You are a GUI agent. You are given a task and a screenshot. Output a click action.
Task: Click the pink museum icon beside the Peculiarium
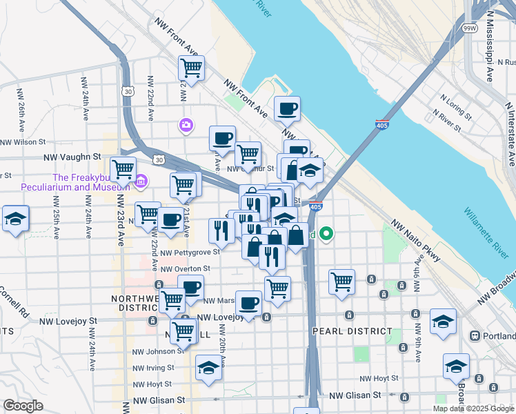click(x=141, y=181)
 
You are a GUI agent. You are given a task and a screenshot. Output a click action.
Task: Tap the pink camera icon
click(x=186, y=125)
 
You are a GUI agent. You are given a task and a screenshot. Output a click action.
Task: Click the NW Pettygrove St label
click(x=190, y=252)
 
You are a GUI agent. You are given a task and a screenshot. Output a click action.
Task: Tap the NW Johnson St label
click(x=154, y=351)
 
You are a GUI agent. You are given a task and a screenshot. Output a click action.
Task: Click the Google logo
click(x=23, y=406)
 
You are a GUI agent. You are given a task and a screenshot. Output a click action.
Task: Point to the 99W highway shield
click(x=470, y=28)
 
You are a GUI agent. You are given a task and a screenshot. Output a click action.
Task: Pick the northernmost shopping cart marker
click(x=191, y=68)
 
